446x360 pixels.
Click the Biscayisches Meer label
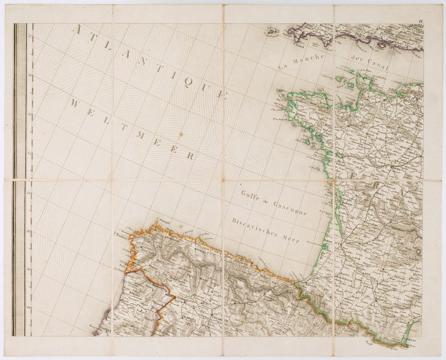tap(265, 230)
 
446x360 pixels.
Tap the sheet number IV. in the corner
tap(421, 21)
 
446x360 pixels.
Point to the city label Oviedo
tap(199, 250)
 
